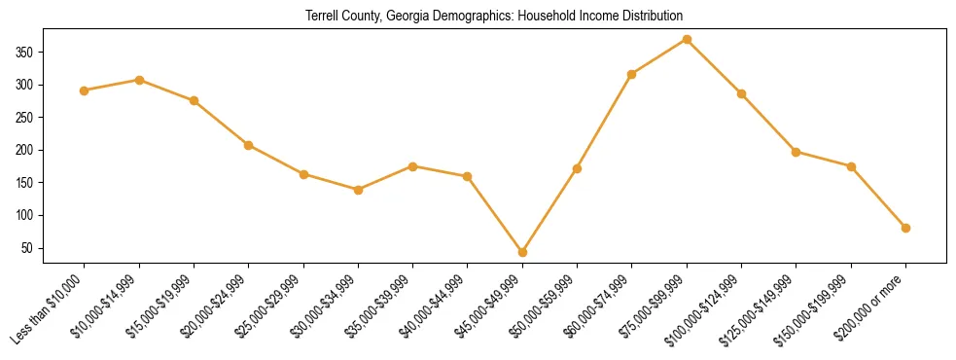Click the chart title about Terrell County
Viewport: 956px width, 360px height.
(494, 16)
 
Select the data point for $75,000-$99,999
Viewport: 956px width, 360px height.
(687, 39)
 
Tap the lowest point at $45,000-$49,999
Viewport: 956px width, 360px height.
(522, 252)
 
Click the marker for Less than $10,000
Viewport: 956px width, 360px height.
(84, 90)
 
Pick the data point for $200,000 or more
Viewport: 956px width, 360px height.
(905, 228)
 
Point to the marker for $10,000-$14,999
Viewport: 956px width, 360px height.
(139, 80)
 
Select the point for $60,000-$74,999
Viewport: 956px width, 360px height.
(632, 74)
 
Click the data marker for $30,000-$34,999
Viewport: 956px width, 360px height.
(358, 190)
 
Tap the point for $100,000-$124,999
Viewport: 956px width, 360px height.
(741, 93)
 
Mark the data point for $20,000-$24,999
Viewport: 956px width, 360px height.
(248, 145)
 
